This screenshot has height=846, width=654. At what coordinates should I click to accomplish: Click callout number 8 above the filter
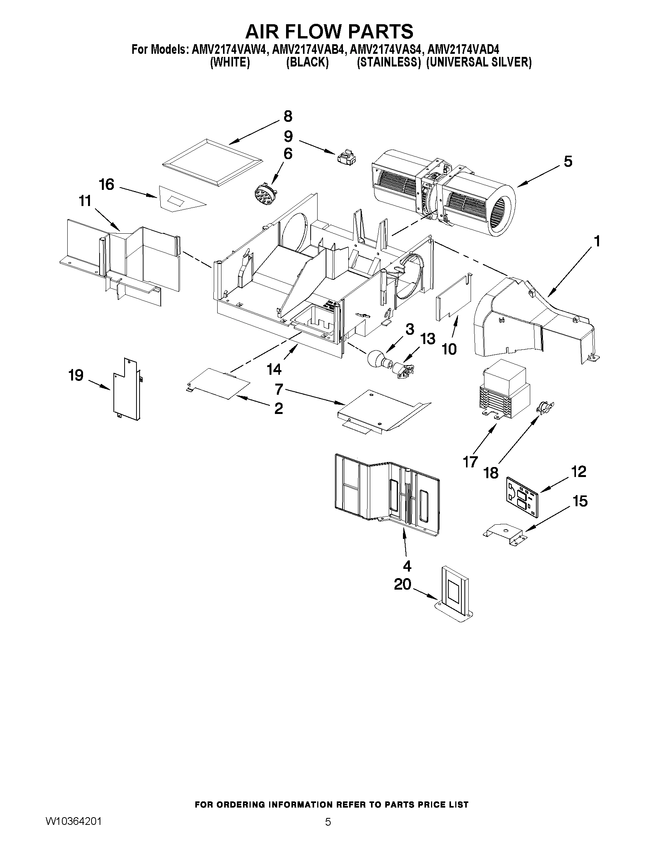(x=288, y=116)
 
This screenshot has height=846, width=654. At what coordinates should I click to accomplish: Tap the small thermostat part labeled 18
(x=545, y=407)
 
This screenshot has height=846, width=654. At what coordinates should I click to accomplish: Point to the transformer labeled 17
(x=503, y=393)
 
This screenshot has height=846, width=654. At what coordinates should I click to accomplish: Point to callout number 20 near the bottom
(x=402, y=585)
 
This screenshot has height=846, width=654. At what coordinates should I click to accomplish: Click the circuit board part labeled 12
(x=522, y=497)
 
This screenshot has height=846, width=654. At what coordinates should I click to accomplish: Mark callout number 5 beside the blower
(x=567, y=161)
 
